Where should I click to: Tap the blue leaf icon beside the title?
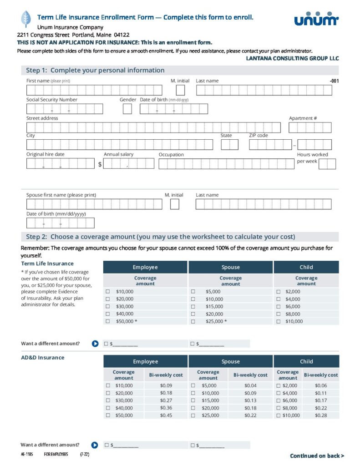(x=26, y=19)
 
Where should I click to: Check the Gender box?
(x=127, y=109)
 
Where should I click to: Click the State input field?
(x=229, y=145)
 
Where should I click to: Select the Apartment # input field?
(x=310, y=127)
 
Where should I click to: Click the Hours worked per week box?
(x=327, y=164)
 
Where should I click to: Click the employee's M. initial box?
(x=175, y=90)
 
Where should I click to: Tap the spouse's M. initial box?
(x=174, y=204)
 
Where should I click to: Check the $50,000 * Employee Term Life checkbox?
(x=108, y=321)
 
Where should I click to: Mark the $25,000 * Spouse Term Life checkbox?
(x=193, y=321)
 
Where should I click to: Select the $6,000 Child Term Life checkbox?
(x=278, y=306)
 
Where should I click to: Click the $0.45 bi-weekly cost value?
(x=166, y=415)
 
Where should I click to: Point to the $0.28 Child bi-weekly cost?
(x=321, y=415)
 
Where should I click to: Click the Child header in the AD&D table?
(x=306, y=361)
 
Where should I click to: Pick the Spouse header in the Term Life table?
(x=230, y=267)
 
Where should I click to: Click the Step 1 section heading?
(x=95, y=70)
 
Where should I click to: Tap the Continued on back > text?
(x=317, y=456)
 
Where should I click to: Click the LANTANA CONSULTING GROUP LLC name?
(x=292, y=59)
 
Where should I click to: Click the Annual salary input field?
(x=129, y=164)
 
